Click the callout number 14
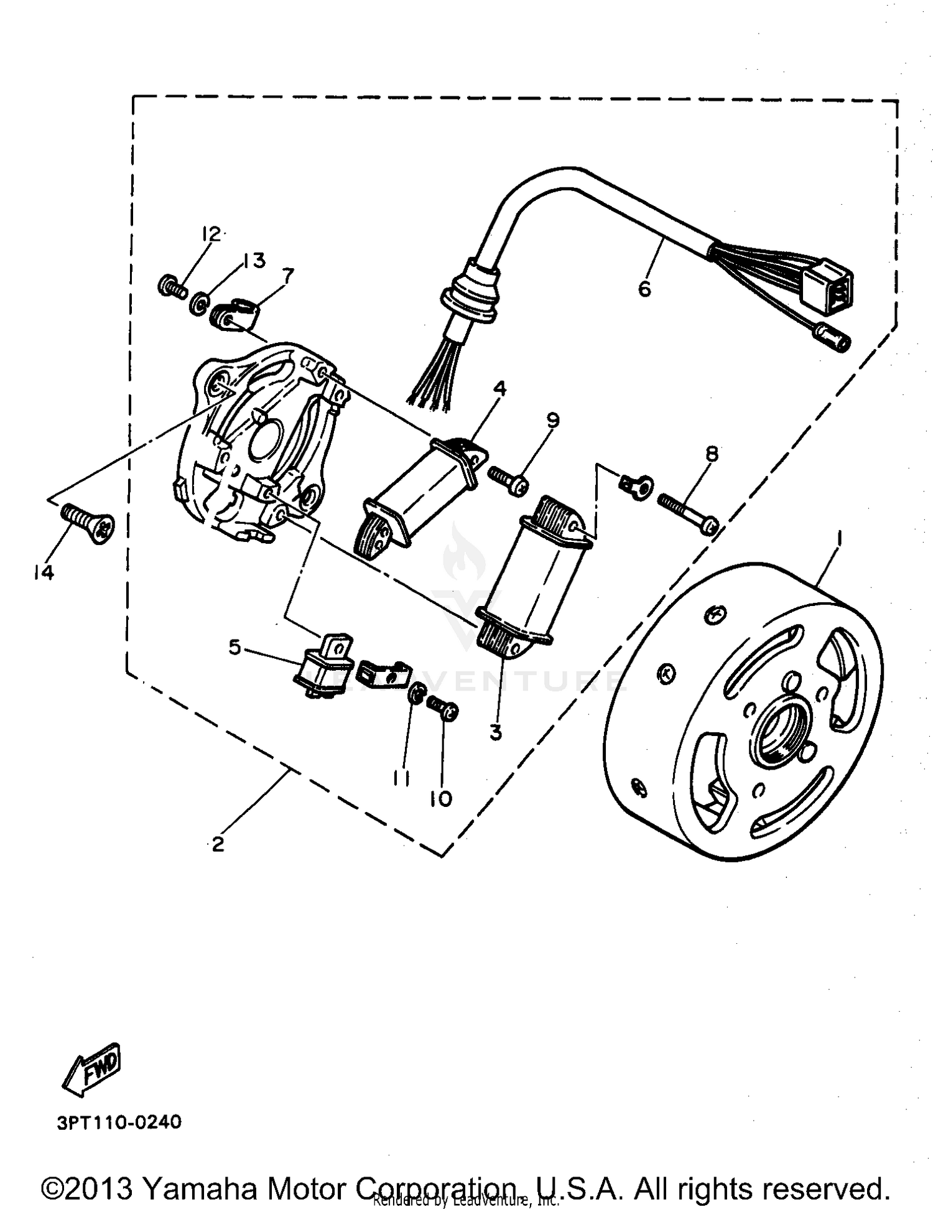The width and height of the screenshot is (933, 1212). coord(44,572)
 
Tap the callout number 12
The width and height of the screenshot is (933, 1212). coord(211,235)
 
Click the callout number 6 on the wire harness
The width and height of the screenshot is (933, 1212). coord(644,289)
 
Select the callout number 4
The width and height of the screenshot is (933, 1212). coord(499,389)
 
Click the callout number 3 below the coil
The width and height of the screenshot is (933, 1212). coord(495,733)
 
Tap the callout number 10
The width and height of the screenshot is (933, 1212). coord(441,799)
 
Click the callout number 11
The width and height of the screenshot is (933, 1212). coord(401,778)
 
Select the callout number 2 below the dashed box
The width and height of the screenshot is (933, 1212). coord(218,845)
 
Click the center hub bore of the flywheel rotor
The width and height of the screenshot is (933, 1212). coord(779,729)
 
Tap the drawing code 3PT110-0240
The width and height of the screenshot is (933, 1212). coord(119,1122)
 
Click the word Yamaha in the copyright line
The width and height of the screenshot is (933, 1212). coord(200,1188)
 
